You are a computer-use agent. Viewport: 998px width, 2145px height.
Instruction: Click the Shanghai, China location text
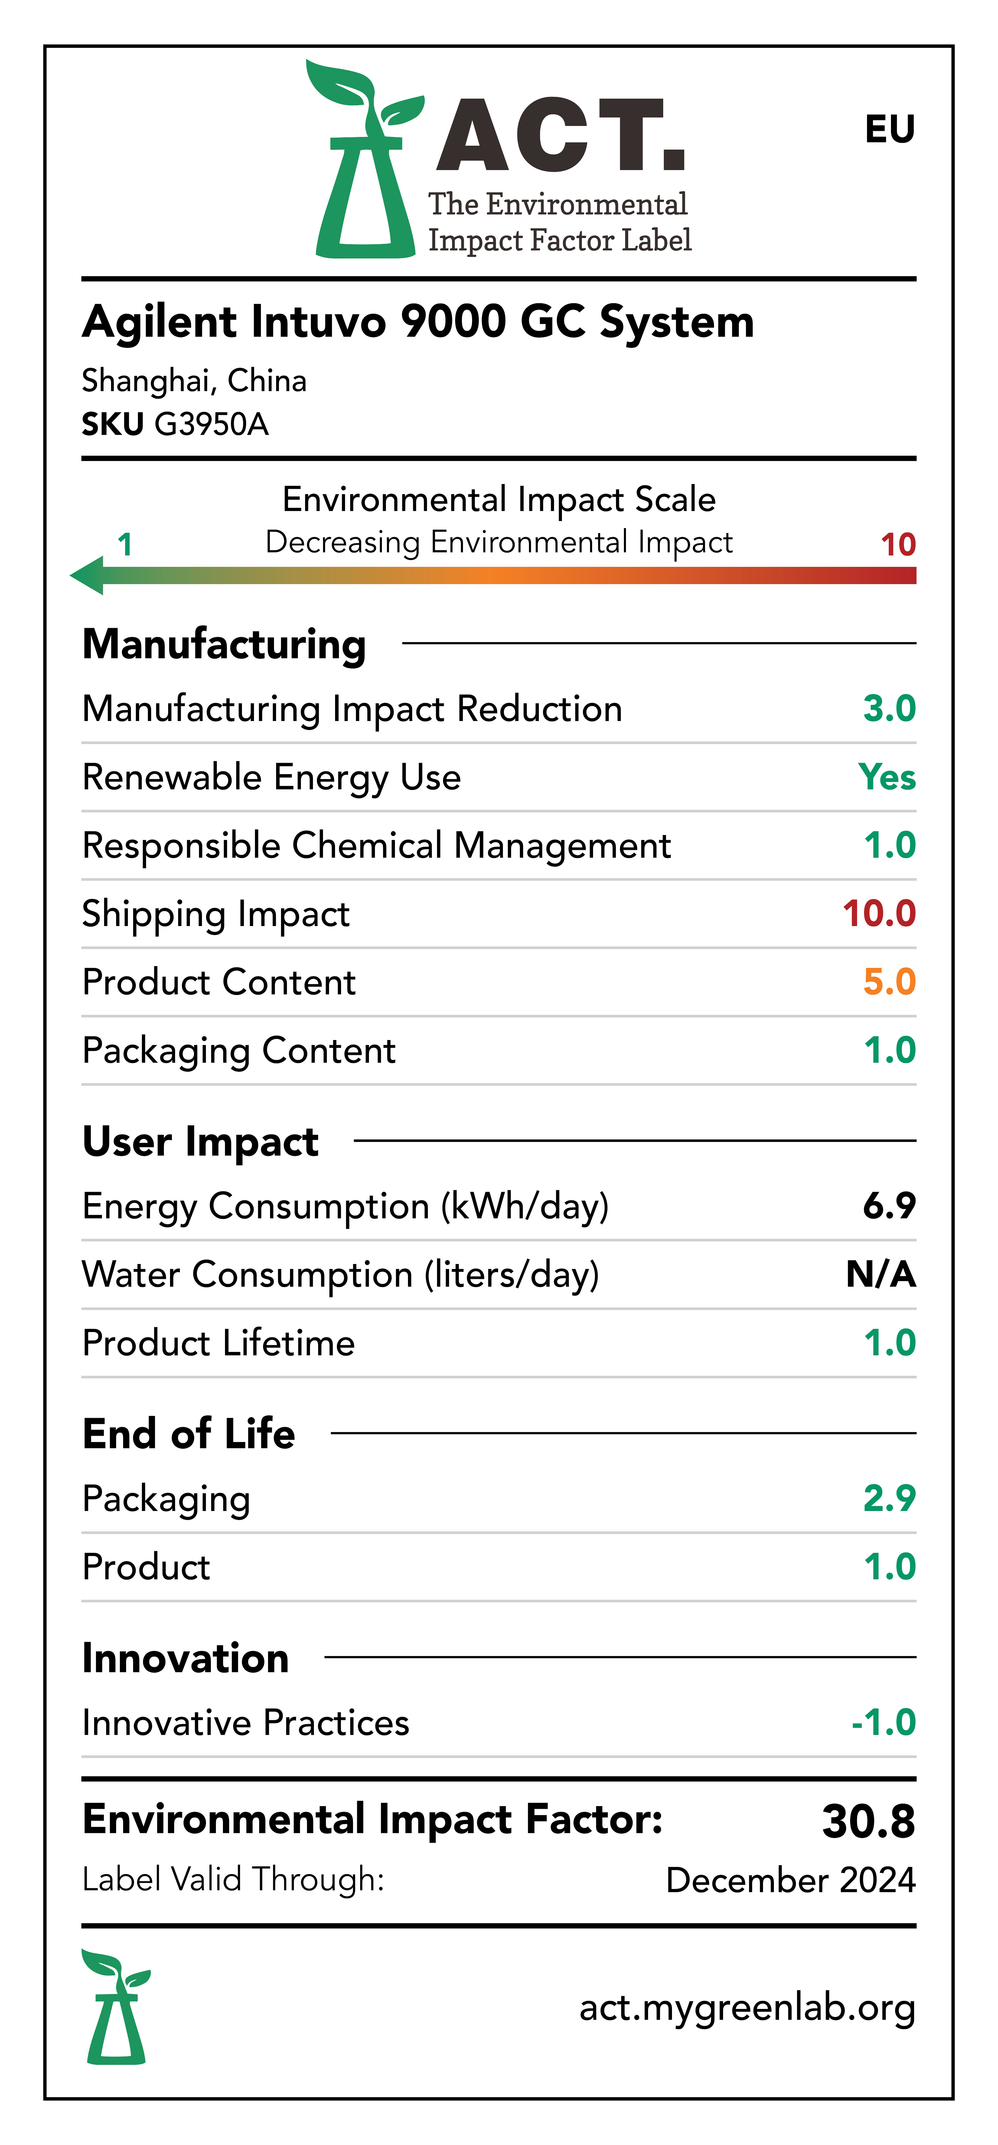(194, 381)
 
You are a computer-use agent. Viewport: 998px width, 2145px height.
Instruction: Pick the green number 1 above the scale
(125, 544)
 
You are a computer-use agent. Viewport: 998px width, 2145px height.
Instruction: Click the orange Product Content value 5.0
(889, 982)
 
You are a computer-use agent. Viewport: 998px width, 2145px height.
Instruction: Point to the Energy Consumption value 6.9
(889, 1206)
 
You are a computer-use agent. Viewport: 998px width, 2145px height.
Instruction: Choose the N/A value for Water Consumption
(881, 1274)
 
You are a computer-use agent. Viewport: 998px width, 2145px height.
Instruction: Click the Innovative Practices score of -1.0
(883, 1722)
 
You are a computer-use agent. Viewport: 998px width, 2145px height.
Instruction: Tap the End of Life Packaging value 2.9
(889, 1498)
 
